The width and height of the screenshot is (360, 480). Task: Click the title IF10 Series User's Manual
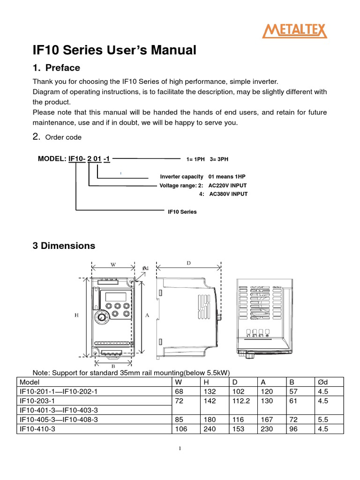coord(114,50)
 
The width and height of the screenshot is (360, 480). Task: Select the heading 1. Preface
coord(56,67)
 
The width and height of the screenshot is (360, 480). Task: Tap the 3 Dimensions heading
coord(63,246)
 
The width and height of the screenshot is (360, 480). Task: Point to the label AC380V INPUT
coord(228,194)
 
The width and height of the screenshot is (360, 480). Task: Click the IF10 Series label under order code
coord(182,212)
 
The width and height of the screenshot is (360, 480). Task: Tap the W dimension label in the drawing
coord(113,264)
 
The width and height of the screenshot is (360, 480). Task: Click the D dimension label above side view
coord(188,263)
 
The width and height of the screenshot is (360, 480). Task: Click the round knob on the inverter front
coord(101,318)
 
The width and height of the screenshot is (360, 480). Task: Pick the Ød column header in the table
coord(322,382)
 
